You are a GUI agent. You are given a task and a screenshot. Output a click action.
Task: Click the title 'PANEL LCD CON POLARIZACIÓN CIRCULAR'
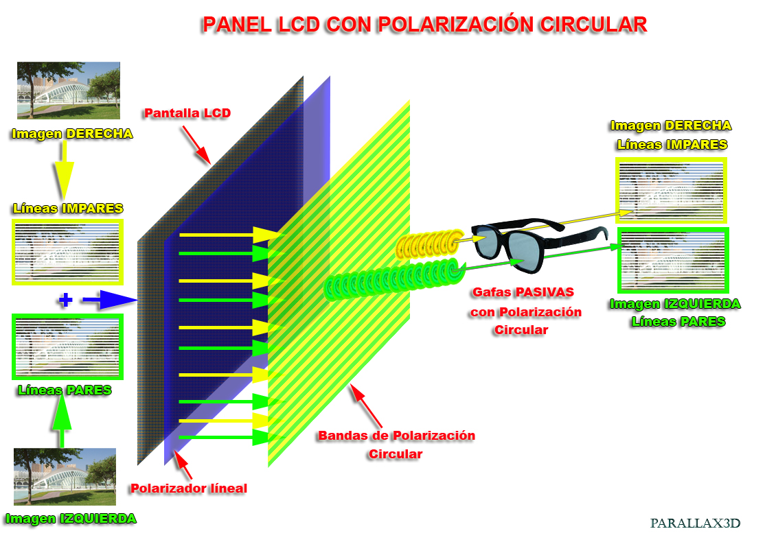coord(424,25)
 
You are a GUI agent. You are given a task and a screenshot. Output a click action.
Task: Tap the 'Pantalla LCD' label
coord(187,113)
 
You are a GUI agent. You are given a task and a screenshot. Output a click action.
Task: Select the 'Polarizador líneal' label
coord(188,488)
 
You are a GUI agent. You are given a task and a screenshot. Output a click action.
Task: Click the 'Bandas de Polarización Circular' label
coord(396,445)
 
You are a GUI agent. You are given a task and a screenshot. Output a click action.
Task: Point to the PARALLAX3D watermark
coord(695,523)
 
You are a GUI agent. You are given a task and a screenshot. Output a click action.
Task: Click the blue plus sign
coord(65,300)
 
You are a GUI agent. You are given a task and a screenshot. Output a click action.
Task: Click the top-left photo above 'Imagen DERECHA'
coord(69,91)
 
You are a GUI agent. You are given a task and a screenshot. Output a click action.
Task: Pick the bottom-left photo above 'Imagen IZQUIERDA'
coord(65,477)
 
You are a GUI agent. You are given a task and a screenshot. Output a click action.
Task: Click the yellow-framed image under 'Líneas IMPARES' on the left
coord(67,252)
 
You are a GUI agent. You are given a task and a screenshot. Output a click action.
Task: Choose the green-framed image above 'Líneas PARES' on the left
coord(67,346)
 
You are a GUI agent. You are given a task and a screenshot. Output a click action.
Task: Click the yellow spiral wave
coord(429,244)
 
